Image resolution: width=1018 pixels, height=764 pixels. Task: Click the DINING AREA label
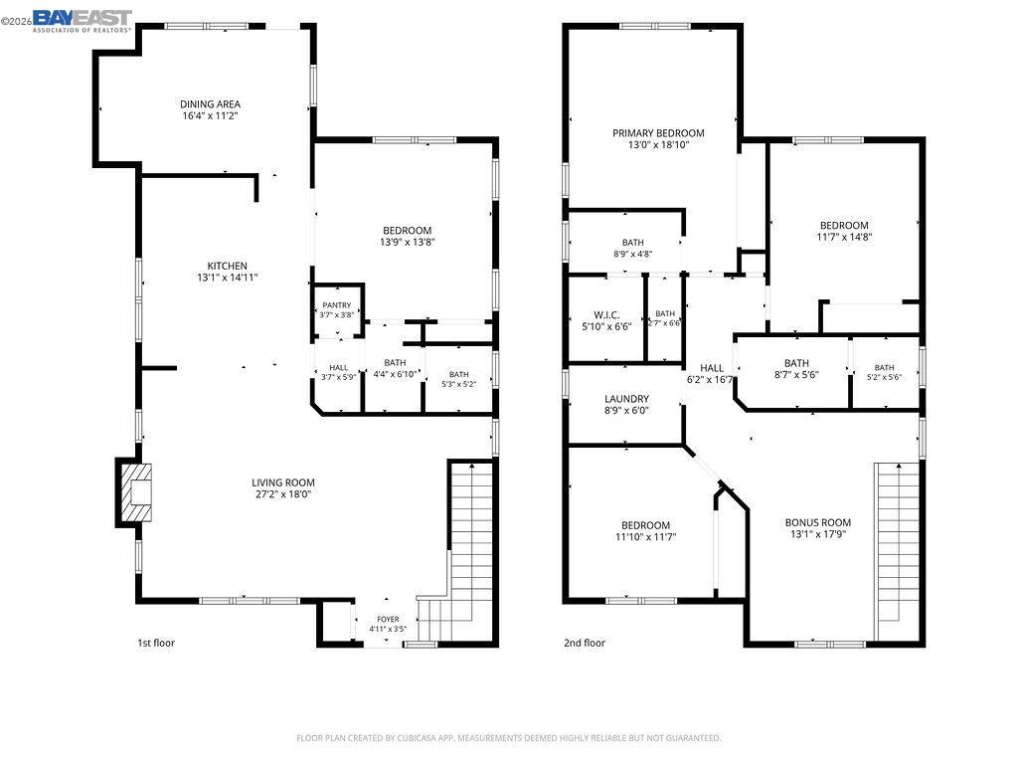coord(210,103)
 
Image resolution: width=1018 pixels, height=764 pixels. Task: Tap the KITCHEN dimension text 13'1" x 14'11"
coord(228,278)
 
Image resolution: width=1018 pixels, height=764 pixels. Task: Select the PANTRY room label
coord(336,304)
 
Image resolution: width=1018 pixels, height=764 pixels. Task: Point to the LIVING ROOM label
coord(283,482)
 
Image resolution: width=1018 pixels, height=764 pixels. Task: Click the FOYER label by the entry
coord(388,619)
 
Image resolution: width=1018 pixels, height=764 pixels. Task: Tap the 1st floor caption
coord(156,643)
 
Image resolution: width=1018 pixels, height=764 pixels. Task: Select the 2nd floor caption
coord(585,643)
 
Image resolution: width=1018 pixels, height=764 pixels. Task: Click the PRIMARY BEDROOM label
coord(658,133)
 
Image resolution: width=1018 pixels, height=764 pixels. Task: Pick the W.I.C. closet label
coord(606,315)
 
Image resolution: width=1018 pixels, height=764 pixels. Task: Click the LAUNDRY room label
coord(626,399)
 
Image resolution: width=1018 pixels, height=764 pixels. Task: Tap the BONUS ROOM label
coord(817,522)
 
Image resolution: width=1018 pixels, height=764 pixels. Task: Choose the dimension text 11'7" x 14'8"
coord(844,237)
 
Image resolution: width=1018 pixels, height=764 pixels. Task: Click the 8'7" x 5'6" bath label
coord(796,375)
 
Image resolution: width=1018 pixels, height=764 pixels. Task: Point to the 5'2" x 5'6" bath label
coord(884,377)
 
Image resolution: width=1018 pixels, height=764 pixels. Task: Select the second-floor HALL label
coord(712,368)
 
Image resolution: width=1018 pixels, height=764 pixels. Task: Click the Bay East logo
coord(82,20)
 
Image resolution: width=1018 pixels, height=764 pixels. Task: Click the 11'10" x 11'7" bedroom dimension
coord(645,537)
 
